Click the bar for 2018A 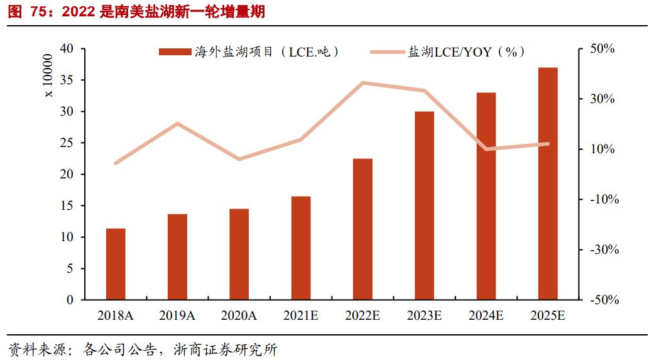(116, 264)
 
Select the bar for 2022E (362, 229)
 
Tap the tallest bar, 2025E (548, 183)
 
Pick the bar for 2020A (239, 254)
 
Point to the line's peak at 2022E (362, 82)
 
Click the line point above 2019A (177, 123)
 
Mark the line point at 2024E (486, 149)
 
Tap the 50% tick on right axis (606, 49)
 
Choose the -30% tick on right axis (604, 250)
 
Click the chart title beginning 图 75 (136, 13)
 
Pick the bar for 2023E (424, 205)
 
